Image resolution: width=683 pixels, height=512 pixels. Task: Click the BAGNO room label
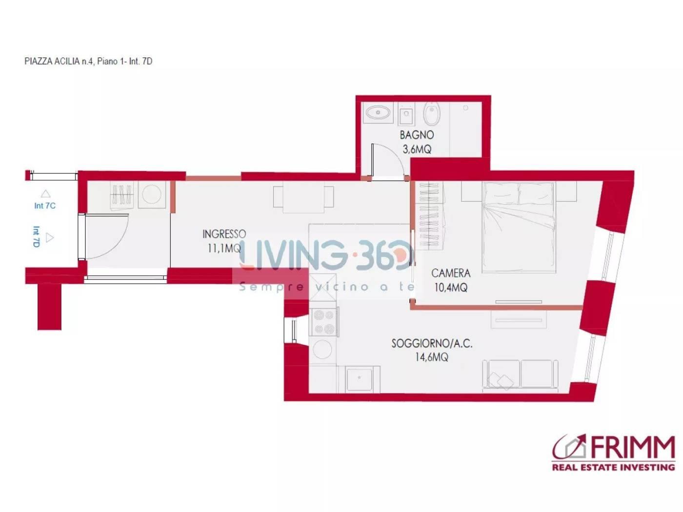(x=416, y=135)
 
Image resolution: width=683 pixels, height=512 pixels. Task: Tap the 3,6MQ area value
(x=417, y=150)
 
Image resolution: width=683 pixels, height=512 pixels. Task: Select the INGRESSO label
(x=224, y=234)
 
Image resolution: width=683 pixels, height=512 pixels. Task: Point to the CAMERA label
(x=451, y=273)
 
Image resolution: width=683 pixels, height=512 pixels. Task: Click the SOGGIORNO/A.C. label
(x=432, y=343)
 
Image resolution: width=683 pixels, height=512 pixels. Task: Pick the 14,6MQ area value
(x=432, y=357)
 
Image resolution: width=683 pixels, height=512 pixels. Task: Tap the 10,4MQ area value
(x=451, y=288)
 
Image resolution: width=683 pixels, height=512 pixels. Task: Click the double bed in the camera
(x=519, y=227)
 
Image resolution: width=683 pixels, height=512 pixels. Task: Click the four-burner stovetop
(x=323, y=322)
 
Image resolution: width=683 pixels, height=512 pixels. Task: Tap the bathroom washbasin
(x=378, y=112)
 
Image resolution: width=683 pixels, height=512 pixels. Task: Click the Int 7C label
(x=45, y=206)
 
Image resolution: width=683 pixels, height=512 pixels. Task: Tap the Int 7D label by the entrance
(x=37, y=237)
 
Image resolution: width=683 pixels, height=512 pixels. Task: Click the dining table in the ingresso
(x=303, y=197)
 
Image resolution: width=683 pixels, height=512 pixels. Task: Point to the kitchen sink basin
(x=359, y=379)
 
